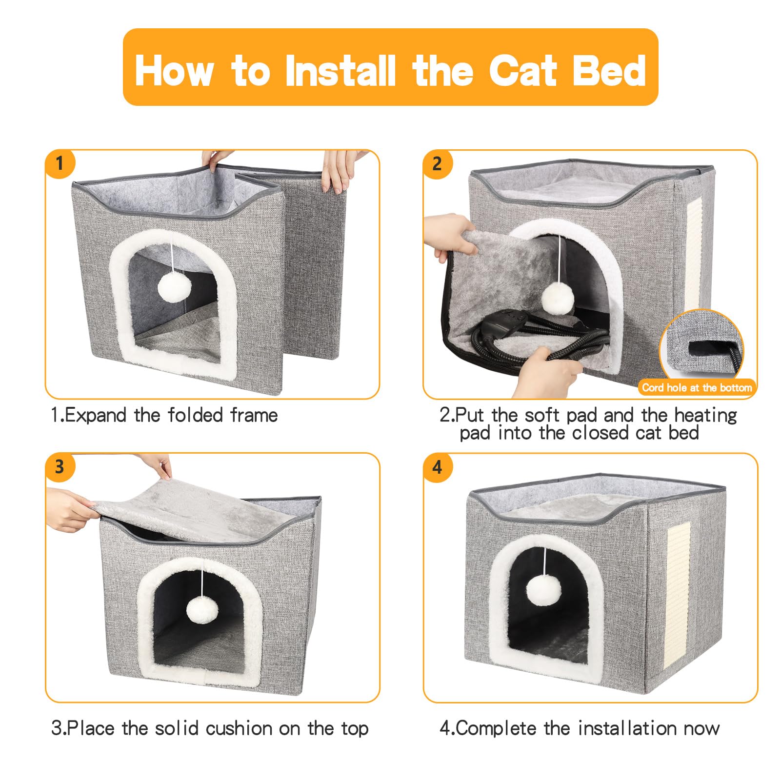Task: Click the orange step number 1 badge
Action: pyautogui.click(x=60, y=163)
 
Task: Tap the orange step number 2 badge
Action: pyautogui.click(x=437, y=163)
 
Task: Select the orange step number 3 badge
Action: pyautogui.click(x=60, y=467)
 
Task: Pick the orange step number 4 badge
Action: pyautogui.click(x=437, y=467)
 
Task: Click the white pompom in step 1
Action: pyautogui.click(x=174, y=287)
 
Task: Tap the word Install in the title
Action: pyautogui.click(x=340, y=70)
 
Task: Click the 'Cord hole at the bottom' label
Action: pyautogui.click(x=697, y=388)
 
